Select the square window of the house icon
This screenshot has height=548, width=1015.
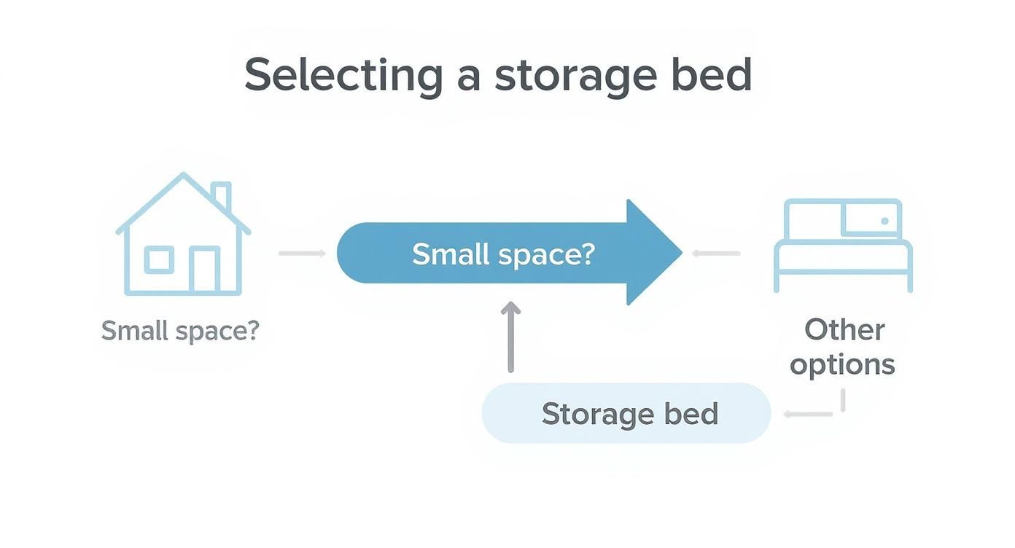(159, 259)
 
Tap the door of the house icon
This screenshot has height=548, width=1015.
(204, 270)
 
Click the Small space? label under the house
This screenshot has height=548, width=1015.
(180, 331)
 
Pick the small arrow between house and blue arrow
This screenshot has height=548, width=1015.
(302, 253)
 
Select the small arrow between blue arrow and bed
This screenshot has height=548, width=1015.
(716, 253)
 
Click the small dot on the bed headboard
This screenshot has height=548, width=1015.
(884, 220)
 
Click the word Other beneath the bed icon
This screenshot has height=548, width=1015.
(844, 329)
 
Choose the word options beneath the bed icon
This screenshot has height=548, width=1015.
(842, 364)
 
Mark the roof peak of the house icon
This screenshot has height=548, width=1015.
(183, 175)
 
